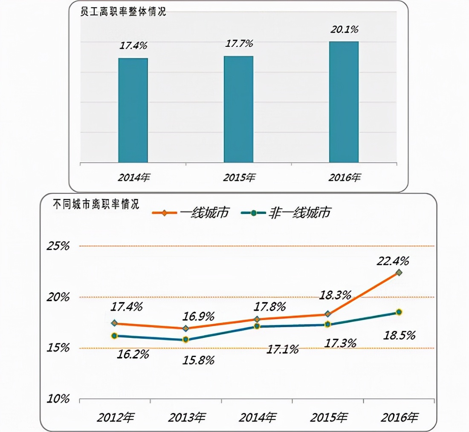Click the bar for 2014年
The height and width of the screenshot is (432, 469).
[133, 110]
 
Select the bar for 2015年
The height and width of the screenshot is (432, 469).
[239, 109]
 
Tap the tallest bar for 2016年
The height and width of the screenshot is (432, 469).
[344, 102]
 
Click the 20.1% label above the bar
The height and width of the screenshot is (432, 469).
[345, 29]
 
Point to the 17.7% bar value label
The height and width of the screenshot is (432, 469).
[239, 43]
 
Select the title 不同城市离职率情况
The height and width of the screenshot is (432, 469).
[96, 204]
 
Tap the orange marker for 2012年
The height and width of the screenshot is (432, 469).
[114, 323]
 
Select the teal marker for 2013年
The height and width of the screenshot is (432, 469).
[186, 340]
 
